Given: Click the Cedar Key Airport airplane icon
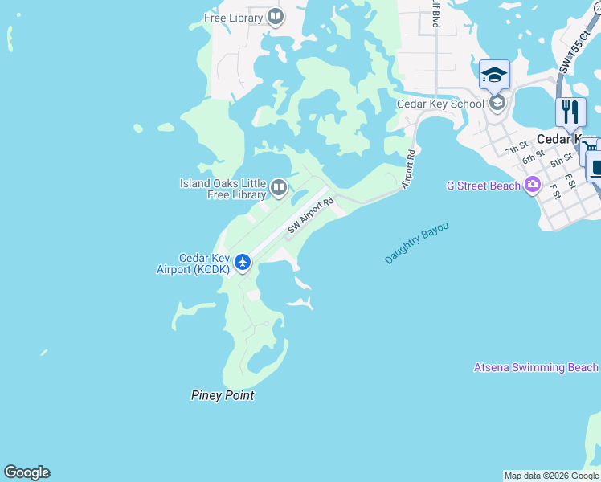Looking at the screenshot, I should pos(243,262).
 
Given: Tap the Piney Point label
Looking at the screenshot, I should pos(223,395).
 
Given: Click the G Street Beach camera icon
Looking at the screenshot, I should pos(532,186).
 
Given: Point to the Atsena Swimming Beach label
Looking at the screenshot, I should pos(536,367).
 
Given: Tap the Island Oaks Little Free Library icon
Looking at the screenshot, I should pos(279,188).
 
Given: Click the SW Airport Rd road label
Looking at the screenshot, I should pos(310,216).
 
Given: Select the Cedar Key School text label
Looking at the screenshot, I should pos(440,104).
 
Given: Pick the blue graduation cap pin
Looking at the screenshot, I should pos(494,76).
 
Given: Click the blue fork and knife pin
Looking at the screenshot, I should pos(570,112).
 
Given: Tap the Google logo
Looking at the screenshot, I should pos(27,472).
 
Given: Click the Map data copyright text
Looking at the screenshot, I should pos(551,476).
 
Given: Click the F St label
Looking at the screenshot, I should pos(554,191).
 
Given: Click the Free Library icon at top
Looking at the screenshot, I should pos(276,17).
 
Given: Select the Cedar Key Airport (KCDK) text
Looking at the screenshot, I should pos(193,263).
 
